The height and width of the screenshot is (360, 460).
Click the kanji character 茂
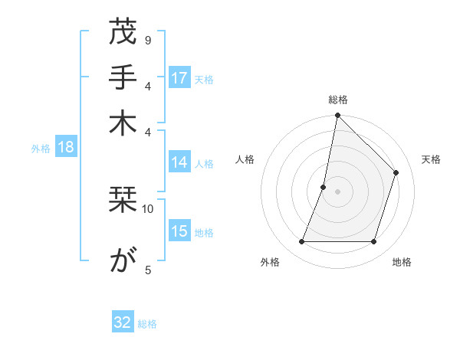click(x=123, y=34)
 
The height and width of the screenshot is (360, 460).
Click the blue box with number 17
click(x=179, y=78)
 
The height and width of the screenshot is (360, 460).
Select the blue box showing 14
click(x=179, y=162)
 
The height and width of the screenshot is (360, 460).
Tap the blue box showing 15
click(x=179, y=231)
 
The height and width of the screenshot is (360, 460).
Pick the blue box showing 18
click(x=66, y=148)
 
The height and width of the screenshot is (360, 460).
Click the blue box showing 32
click(x=123, y=322)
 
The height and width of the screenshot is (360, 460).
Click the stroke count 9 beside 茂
click(x=147, y=39)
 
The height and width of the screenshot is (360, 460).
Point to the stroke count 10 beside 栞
click(x=148, y=208)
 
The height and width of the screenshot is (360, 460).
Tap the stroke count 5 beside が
click(x=147, y=269)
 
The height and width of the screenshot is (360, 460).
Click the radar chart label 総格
click(x=337, y=100)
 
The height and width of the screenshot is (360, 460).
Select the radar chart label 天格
click(x=431, y=159)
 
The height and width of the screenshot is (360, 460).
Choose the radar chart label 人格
click(x=245, y=159)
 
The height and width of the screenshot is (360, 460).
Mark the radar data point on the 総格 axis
click(x=337, y=116)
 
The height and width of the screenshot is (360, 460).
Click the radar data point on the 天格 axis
click(x=396, y=172)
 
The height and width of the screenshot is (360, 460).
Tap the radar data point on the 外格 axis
click(x=301, y=242)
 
